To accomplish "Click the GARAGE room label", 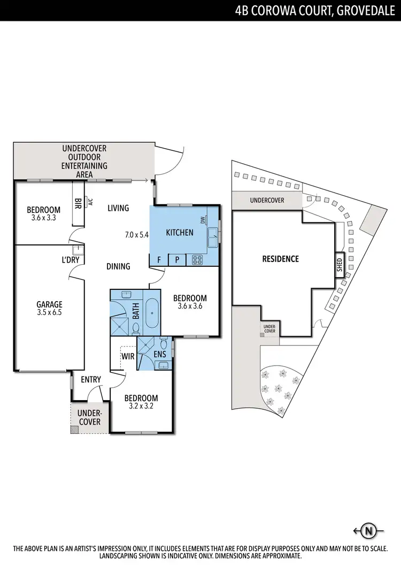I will point(49,304).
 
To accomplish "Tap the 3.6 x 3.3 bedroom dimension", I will point(44,218).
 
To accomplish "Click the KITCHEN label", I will point(180,232).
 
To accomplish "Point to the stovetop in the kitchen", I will point(197,260).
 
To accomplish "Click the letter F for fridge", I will point(159,260).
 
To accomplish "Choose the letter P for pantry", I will point(177,260).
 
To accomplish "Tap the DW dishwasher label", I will point(203,220).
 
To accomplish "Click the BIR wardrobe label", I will point(78,203).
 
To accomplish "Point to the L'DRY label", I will point(71,260).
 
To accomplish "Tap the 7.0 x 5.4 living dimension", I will point(136,234).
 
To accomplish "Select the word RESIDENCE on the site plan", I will point(280,259).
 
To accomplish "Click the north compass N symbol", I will point(369,531).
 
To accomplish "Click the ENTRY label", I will point(91,379).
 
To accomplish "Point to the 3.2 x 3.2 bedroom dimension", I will point(141,406).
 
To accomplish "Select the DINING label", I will point(118,266).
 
